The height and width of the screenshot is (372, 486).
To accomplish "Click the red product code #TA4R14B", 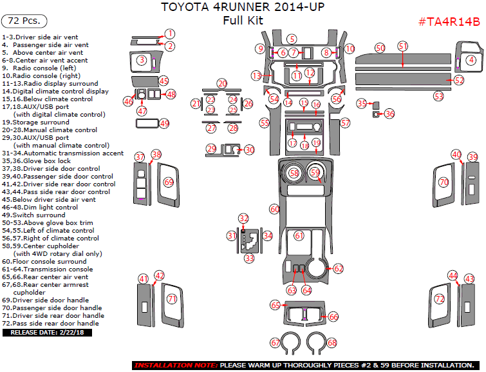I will coord(449,22).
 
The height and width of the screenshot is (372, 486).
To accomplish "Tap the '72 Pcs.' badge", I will coord(25,21).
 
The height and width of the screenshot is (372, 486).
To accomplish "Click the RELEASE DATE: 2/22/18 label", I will coord(48,333).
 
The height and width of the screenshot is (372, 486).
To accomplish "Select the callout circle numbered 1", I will coord(169,34).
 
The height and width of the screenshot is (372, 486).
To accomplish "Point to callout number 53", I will coord(438,96).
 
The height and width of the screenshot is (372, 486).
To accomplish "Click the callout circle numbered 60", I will coord(275,209).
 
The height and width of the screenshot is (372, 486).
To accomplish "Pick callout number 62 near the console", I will coord(338,268).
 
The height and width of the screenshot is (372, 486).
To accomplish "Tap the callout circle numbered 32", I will coord(243,219).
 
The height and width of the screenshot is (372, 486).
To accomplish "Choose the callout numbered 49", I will coord(164,123).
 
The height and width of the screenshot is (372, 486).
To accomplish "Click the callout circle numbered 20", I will coord(222,84).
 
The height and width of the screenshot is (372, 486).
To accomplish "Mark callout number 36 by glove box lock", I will coord(389,113).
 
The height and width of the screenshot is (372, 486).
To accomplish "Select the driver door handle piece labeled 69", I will coord(169,183).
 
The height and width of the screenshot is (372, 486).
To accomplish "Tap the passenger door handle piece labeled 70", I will coord(444,183).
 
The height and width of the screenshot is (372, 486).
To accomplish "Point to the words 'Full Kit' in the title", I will coord(243,21).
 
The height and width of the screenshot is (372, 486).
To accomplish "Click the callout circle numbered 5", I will coord(292,39).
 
